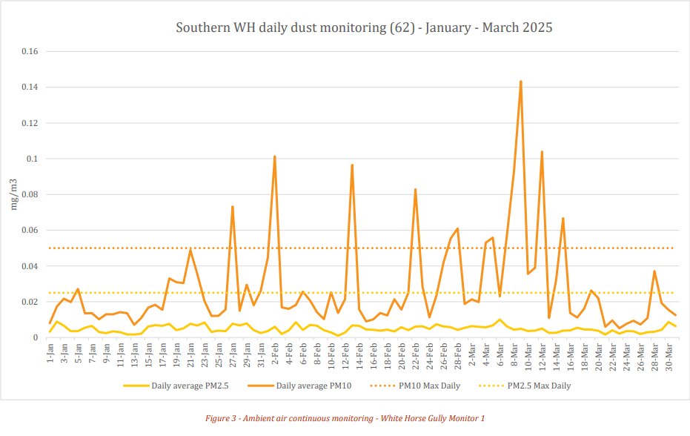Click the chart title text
pos(364,28)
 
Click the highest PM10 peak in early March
pos(521,82)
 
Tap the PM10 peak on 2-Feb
pos(275,156)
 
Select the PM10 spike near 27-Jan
pos(233,207)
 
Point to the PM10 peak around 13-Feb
pos(352,165)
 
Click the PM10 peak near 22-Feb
pos(415,189)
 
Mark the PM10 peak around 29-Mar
pos(654,271)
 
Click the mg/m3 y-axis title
pos(13,194)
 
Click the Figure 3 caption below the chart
pos(345,419)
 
